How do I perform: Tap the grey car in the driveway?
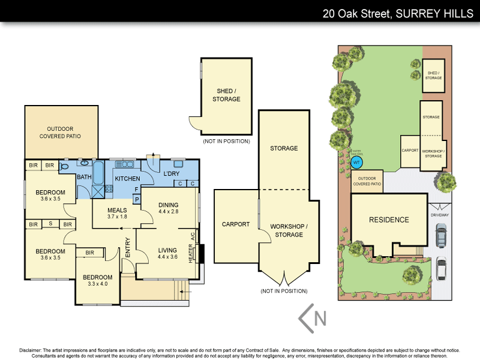441,235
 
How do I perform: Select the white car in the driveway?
441,269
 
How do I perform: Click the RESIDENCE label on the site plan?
389,220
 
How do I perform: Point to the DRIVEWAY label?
440,214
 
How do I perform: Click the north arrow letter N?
320,318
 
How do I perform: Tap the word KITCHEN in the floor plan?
127,179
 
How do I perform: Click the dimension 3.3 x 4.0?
95,284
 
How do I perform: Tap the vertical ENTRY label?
128,248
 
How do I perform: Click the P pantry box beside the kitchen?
136,199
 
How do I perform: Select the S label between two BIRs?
50,224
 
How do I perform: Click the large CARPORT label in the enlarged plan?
236,224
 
